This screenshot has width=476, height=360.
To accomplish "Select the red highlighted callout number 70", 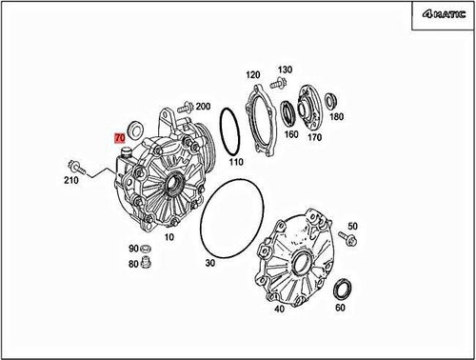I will (x=120, y=137).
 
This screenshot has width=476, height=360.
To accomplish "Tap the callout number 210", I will (x=71, y=180).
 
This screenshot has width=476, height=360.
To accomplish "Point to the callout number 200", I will (x=202, y=106).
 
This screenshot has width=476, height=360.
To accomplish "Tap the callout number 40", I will (x=279, y=308).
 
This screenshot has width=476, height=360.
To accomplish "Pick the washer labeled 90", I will (x=147, y=249).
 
